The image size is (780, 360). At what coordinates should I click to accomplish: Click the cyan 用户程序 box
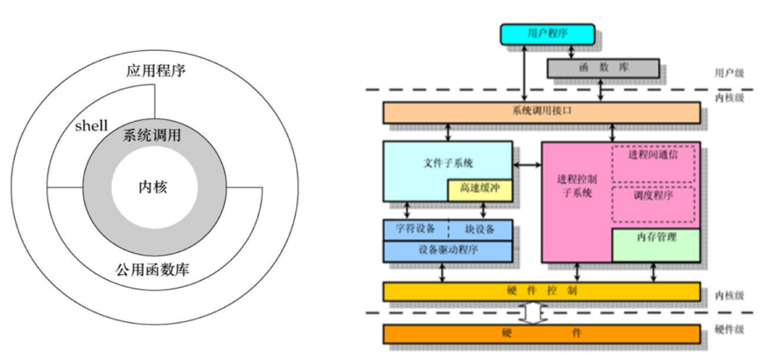pyautogui.click(x=547, y=34)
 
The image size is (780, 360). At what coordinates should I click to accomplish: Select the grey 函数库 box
pyautogui.click(x=603, y=68)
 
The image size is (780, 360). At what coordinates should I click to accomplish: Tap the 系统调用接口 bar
pyautogui.click(x=541, y=112)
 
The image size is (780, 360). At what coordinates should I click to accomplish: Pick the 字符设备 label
pyautogui.click(x=415, y=229)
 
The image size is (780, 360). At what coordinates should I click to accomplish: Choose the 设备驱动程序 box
pyautogui.click(x=448, y=251)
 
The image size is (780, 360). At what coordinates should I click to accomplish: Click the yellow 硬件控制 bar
pyautogui.click(x=541, y=291)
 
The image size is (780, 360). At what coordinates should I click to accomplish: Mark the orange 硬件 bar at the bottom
pyautogui.click(x=541, y=334)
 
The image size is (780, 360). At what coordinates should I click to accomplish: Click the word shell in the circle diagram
pyautogui.click(x=91, y=126)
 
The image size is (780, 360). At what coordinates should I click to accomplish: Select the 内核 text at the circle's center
pyautogui.click(x=152, y=187)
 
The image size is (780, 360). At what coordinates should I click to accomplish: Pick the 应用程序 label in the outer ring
pyautogui.click(x=156, y=71)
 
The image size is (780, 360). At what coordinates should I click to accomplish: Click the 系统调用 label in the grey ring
pyautogui.click(x=152, y=136)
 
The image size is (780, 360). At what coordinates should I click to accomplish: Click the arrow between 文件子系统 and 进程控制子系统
pyautogui.click(x=527, y=164)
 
